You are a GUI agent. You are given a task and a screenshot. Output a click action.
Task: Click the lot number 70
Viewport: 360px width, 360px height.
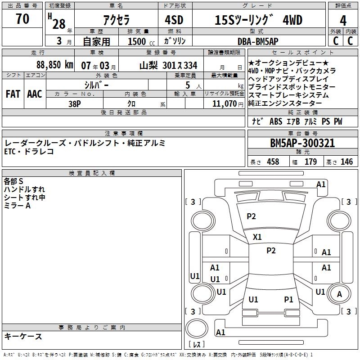[x=22, y=19]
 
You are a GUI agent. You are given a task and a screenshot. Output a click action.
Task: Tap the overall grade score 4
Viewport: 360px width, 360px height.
[x=343, y=21]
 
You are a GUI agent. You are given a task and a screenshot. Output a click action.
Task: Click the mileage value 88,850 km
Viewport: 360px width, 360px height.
[x=54, y=65]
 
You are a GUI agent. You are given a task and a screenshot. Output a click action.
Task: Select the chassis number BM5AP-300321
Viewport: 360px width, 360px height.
[x=302, y=143]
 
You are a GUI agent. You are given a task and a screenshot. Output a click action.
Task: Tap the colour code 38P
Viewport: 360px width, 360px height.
[x=75, y=103]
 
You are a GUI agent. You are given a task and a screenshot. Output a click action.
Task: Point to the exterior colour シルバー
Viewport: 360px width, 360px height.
[x=97, y=85]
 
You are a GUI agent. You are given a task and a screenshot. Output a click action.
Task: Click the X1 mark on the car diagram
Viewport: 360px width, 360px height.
[x=257, y=237]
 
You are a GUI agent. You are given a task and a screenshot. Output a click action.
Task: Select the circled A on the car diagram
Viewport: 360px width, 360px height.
[x=340, y=294]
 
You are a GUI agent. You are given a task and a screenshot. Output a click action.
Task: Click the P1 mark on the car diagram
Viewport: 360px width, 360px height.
[x=288, y=299]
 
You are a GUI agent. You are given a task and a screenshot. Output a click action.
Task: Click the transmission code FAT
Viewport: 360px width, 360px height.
[x=13, y=94]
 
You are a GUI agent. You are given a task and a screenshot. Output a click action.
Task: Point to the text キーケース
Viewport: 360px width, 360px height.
[x=23, y=336]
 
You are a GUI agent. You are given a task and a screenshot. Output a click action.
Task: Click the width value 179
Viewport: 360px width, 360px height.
[x=310, y=162]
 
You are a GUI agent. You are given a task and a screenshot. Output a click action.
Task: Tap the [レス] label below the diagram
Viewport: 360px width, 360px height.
[x=197, y=345]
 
